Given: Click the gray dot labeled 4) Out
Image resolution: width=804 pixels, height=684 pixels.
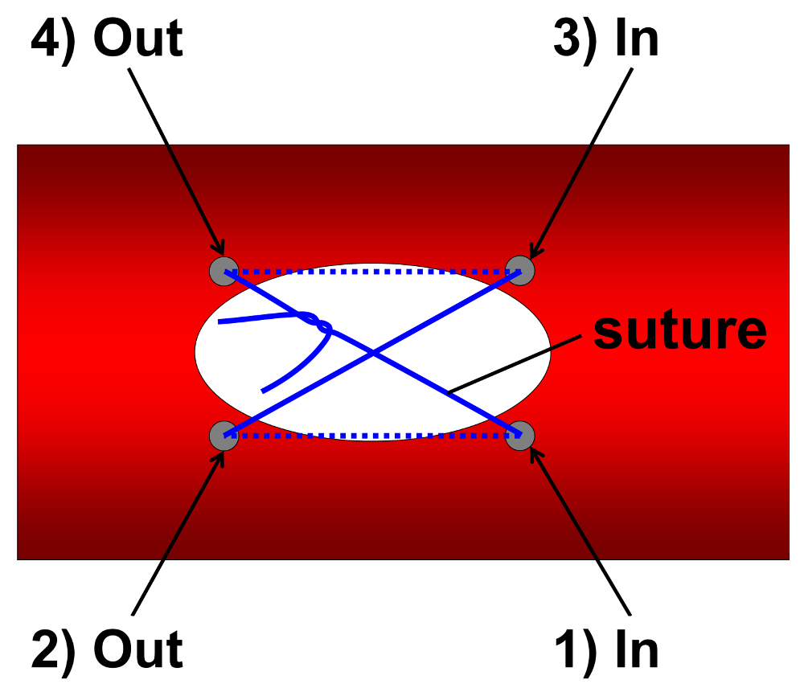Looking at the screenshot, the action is coord(224,270).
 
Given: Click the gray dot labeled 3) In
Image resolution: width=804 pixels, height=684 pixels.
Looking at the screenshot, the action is coord(519,270).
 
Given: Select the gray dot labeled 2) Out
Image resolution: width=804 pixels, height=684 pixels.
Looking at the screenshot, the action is coord(224,435).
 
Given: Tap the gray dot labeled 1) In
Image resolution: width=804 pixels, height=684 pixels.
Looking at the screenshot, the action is coord(519,435).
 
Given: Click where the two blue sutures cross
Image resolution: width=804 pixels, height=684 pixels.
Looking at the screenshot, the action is coord(372,352).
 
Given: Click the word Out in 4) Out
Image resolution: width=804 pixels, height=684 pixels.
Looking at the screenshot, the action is coord(137,39).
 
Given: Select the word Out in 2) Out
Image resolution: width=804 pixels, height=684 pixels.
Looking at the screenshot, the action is coord(137,649).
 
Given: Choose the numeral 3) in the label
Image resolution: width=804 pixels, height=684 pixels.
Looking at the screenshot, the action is coord(578,39).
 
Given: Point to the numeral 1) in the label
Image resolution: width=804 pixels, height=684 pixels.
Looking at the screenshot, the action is coord(578,649).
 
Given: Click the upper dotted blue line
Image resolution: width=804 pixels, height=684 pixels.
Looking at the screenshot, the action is coord(371,272).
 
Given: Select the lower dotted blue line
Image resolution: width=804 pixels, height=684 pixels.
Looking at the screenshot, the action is coord(371,436).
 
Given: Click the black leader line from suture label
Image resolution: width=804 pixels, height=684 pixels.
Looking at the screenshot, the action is coord(515,364).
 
